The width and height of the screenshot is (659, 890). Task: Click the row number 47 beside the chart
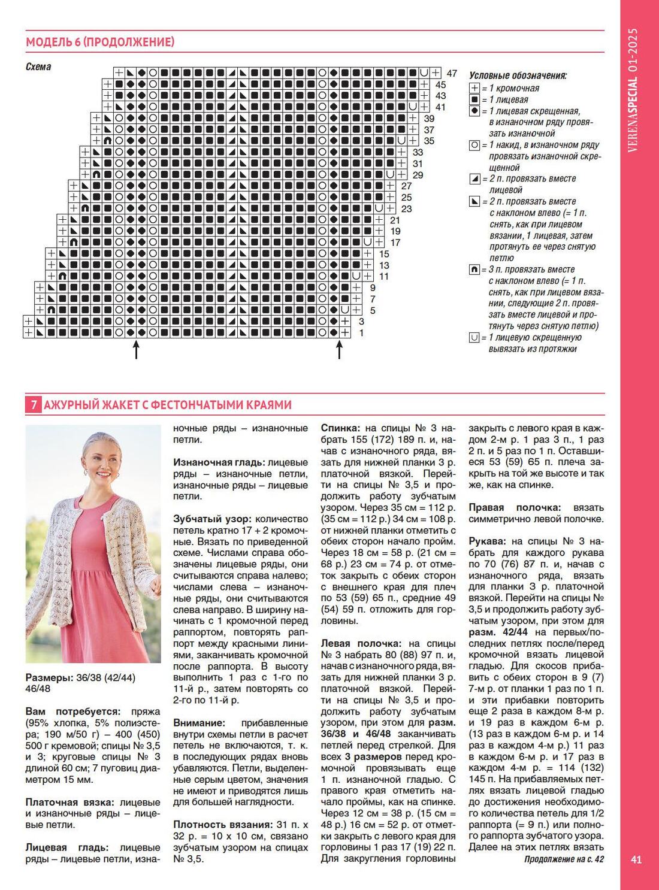(x=452, y=74)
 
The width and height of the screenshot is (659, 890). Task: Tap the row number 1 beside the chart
(x=361, y=332)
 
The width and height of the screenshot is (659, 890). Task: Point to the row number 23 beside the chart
(x=406, y=208)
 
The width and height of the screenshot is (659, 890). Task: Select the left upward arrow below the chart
(x=136, y=349)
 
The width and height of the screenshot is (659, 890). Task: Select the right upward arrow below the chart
(x=339, y=349)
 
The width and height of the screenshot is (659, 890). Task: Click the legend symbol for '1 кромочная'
(x=474, y=89)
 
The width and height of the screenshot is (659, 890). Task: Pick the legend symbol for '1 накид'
(x=474, y=145)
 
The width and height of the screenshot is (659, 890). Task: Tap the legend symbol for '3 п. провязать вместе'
(x=474, y=270)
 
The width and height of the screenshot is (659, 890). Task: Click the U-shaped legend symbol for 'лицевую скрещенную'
(x=474, y=338)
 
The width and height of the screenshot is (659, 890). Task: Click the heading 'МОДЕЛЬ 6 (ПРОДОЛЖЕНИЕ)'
(x=100, y=42)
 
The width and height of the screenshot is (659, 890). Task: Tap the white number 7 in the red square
(x=34, y=405)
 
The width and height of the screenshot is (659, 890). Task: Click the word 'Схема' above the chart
(x=38, y=66)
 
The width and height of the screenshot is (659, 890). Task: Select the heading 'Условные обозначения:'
(x=518, y=75)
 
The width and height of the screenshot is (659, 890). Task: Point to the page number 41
(x=636, y=859)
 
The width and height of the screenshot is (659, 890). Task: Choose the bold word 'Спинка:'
(x=340, y=428)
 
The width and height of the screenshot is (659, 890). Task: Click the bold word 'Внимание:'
(x=199, y=723)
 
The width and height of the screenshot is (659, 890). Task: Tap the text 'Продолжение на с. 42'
(x=564, y=859)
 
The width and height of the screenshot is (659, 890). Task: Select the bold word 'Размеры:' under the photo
(x=49, y=677)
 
